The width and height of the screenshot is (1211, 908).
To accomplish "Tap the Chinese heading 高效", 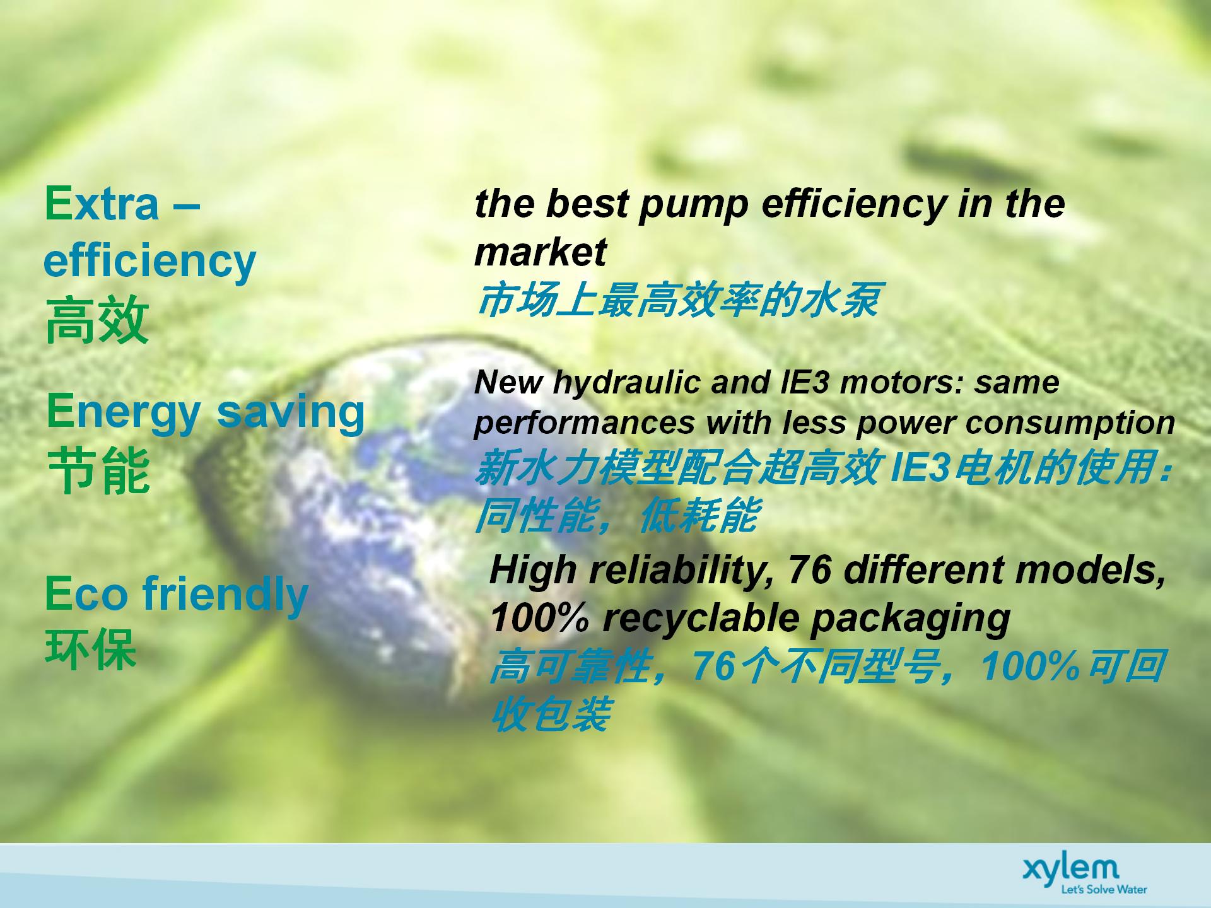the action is (97, 321).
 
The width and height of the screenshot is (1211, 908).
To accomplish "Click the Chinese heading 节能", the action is (98, 470).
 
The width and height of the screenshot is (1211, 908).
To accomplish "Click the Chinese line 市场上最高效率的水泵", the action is (677, 300).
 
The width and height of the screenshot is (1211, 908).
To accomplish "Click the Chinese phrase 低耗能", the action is (698, 515).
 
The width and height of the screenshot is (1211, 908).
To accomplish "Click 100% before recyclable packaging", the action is (540, 618).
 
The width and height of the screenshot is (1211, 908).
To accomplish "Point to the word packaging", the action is (910, 620).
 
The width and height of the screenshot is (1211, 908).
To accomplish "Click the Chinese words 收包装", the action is (550, 715).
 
